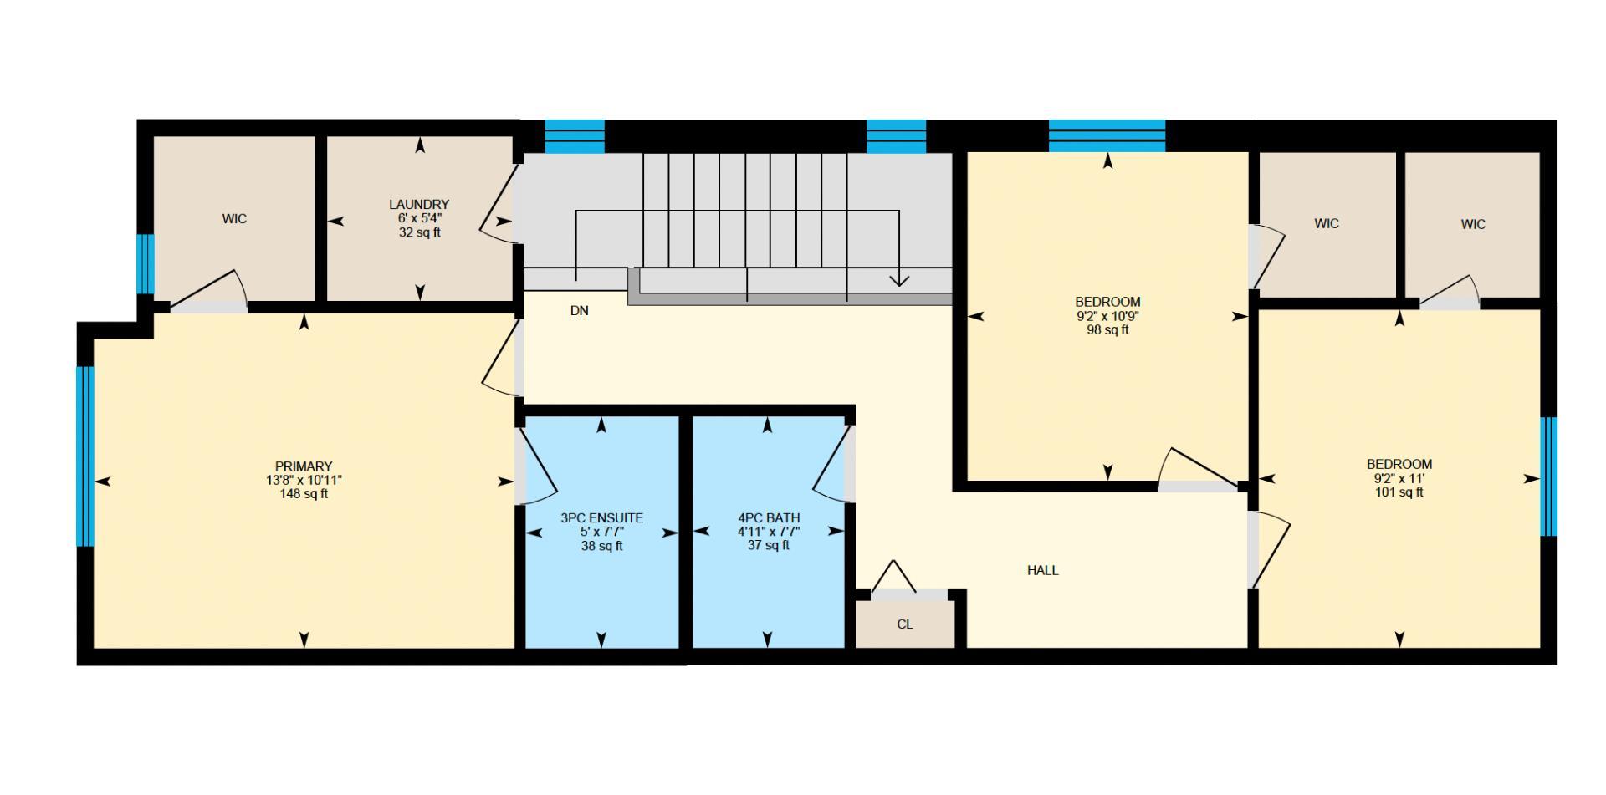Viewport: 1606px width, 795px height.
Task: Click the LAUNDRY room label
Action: click(419, 205)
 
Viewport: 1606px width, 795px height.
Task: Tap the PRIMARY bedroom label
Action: click(304, 466)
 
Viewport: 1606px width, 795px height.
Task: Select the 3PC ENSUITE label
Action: click(601, 518)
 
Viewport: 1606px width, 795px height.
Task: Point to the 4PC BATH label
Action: click(768, 518)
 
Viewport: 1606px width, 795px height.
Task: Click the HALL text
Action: click(1042, 571)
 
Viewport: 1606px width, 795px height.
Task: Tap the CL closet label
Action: click(904, 624)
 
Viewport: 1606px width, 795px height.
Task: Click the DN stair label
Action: click(579, 311)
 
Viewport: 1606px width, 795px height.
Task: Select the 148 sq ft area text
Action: click(304, 494)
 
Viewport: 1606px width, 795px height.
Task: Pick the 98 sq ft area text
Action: click(1107, 330)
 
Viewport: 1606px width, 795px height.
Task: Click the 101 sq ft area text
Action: click(1399, 492)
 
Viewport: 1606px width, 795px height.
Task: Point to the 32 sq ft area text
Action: click(419, 232)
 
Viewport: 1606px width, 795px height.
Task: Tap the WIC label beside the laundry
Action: click(234, 219)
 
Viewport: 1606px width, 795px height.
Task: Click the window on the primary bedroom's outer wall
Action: click(84, 456)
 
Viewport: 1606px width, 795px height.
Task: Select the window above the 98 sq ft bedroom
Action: click(1107, 135)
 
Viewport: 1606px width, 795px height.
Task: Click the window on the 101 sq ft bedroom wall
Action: click(1548, 476)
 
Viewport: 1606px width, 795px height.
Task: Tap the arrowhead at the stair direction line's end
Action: click(899, 280)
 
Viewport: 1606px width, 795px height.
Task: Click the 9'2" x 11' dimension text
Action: click(1399, 479)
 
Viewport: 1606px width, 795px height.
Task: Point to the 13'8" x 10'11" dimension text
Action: click(304, 481)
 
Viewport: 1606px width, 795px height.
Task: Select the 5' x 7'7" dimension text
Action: click(601, 532)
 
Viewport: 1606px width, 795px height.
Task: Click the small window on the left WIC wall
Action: click(146, 263)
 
